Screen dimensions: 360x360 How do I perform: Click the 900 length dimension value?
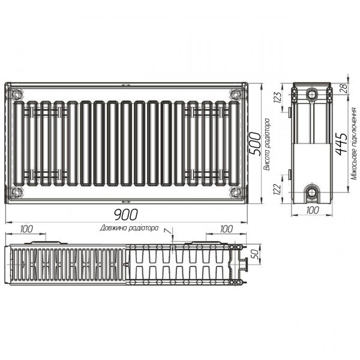click(126, 215)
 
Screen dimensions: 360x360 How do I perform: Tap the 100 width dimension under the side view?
click(312, 211)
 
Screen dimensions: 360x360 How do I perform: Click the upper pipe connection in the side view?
click(312, 95)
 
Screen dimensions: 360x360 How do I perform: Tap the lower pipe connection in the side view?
click(312, 192)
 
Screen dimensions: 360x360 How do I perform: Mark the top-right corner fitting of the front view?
click(234, 94)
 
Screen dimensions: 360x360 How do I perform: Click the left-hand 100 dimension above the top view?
click(27, 229)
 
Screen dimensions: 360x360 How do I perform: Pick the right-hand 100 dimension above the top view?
click(226, 229)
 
